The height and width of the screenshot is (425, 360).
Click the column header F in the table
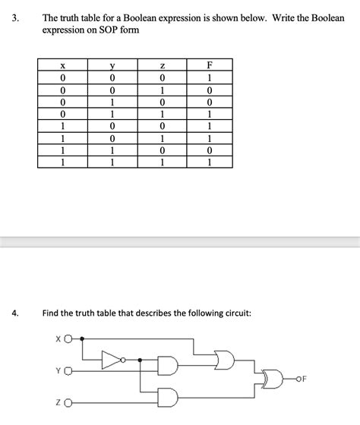coord(209,65)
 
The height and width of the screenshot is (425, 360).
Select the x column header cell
coord(63,65)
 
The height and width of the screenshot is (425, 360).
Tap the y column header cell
coord(112,65)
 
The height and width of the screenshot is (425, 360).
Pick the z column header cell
coord(162,65)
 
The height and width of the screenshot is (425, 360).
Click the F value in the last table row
coord(209,162)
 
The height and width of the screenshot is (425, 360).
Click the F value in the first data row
coord(209,77)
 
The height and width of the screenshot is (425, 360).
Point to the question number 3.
coord(15,18)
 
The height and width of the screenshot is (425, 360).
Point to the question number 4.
coord(15,313)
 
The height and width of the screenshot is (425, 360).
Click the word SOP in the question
coord(109,30)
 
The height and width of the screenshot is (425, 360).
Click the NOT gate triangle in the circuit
coord(112,360)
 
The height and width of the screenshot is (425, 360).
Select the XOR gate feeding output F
coord(272,379)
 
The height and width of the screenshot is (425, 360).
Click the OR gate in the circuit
coord(225,360)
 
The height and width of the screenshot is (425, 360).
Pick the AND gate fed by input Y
coord(168,366)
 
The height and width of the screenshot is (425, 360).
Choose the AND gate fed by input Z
coord(168,398)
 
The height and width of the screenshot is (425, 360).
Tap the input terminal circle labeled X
coord(68,338)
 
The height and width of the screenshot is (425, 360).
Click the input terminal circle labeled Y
coord(68,371)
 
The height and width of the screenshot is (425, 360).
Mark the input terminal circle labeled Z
coord(68,403)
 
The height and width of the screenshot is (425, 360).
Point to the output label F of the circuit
coord(304,379)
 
